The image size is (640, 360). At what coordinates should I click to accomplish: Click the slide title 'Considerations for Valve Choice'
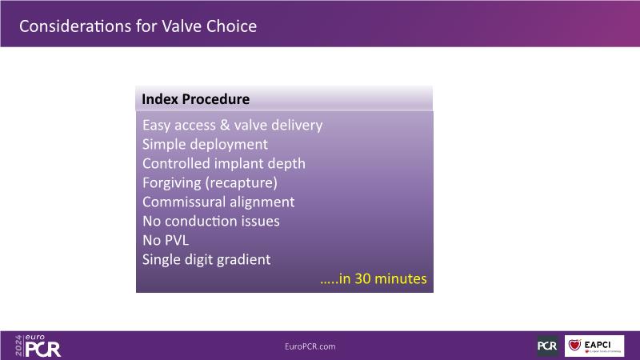point(138,26)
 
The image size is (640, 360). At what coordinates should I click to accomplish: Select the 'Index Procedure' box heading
point(195,98)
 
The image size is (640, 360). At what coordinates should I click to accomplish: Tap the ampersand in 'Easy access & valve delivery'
point(225,125)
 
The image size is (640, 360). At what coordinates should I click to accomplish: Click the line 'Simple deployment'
point(205,145)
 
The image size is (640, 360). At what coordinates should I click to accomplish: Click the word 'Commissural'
point(184,202)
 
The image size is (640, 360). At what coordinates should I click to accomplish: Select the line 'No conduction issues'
point(211,221)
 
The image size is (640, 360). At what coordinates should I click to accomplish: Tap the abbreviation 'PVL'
point(177,240)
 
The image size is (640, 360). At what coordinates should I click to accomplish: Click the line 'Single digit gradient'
point(206,259)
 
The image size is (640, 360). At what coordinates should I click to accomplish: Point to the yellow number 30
point(362,278)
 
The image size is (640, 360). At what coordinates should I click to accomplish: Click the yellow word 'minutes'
point(401,278)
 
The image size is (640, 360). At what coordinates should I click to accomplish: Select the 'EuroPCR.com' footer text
point(310,346)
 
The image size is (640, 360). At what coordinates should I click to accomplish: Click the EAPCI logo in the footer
point(594,346)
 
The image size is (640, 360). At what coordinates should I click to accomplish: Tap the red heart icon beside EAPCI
point(574,346)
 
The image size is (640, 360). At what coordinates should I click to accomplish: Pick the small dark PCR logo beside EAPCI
point(547,346)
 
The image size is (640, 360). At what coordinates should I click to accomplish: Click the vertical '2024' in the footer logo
point(18,346)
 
